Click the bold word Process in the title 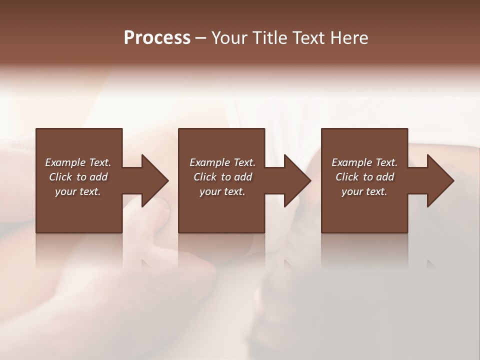157,38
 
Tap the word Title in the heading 269,38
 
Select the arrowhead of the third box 439,180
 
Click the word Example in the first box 65,162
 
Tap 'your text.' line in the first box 78,191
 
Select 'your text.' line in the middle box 222,191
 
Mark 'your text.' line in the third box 364,191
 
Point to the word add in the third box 385,177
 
